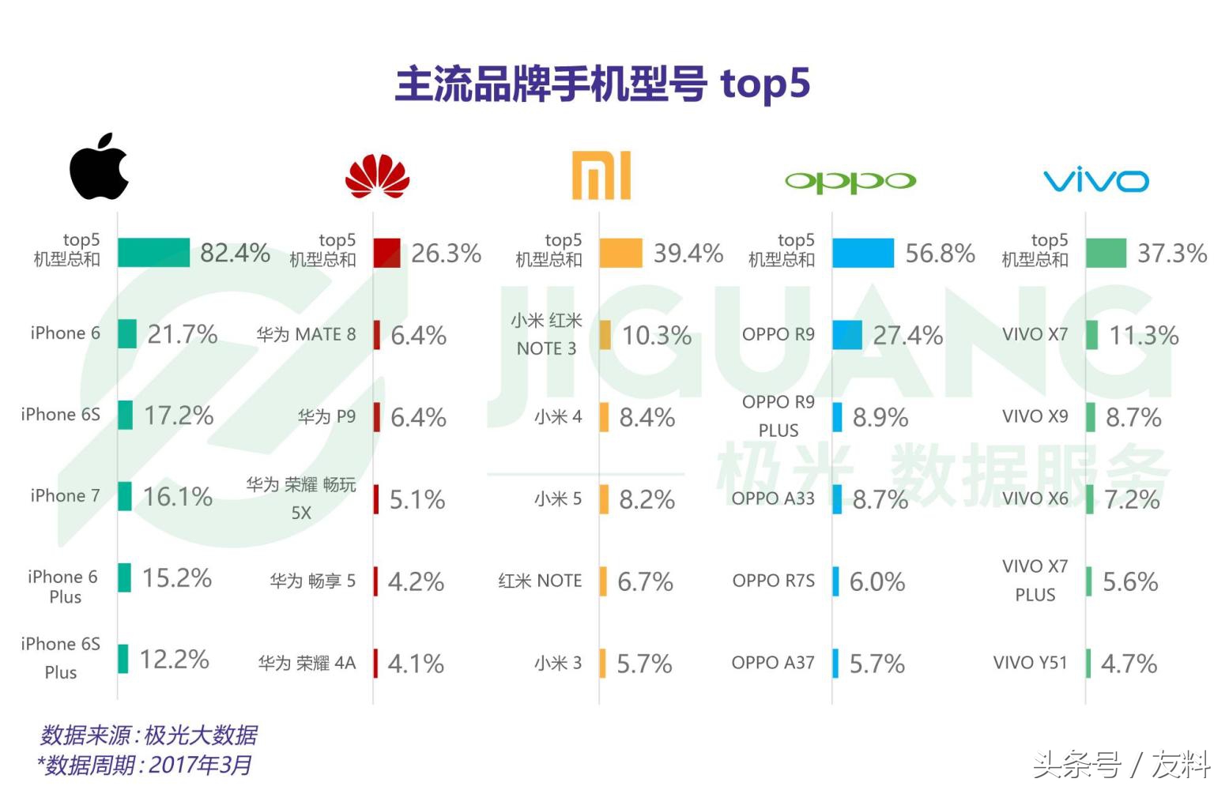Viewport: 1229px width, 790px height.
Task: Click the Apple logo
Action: (99, 167)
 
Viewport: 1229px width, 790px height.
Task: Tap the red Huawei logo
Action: (378, 176)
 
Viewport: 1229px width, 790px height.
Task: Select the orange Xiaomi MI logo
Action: (601, 175)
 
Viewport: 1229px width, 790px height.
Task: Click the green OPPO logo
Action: (850, 182)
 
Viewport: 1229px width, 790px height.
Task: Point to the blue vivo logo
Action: (1096, 181)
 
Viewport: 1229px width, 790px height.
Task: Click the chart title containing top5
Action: (602, 84)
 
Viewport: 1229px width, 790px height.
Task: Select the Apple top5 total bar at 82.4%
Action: (153, 253)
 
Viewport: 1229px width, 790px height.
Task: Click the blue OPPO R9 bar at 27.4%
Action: (846, 335)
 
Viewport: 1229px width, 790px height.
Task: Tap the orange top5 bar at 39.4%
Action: (620, 254)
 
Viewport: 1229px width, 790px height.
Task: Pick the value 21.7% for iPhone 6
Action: (183, 334)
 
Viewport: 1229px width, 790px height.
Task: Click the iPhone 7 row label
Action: (65, 496)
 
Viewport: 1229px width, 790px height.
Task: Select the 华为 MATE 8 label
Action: (306, 335)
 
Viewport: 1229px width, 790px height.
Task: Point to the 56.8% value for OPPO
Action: (940, 254)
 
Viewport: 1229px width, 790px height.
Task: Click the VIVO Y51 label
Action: (1030, 663)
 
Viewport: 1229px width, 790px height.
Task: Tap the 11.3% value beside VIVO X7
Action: (1144, 336)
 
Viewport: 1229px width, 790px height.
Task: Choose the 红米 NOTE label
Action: (540, 581)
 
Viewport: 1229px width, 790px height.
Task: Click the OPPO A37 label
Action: (772, 663)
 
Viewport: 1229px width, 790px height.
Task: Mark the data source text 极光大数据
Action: (149, 735)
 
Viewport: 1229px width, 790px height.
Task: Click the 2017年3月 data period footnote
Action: (145, 765)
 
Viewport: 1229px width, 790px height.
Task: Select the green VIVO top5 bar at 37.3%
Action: (1106, 254)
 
